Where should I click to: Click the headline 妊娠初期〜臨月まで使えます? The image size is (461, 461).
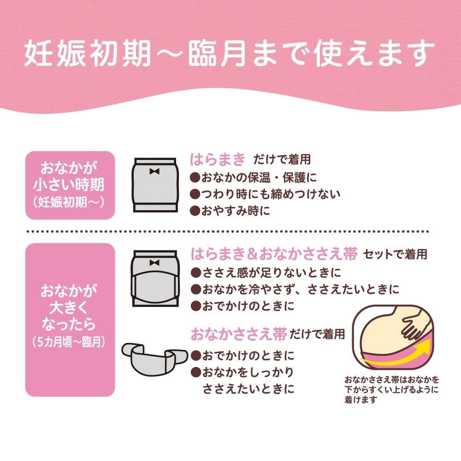pyautogui.click(x=229, y=53)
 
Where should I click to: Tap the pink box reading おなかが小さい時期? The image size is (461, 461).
pyautogui.click(x=70, y=185)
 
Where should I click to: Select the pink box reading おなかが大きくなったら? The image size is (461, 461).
pyautogui.click(x=70, y=319)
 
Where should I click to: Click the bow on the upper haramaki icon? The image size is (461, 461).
pyautogui.click(x=154, y=171)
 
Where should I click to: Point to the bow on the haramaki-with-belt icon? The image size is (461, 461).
pyautogui.click(x=154, y=263)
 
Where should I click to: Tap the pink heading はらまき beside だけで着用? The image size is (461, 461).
pyautogui.click(x=218, y=160)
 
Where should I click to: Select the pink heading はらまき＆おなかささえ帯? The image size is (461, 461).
pyautogui.click(x=274, y=254)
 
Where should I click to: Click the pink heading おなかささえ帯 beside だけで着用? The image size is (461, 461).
pyautogui.click(x=238, y=334)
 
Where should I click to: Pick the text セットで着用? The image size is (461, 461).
pyautogui.click(x=395, y=254)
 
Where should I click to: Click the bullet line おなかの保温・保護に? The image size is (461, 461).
pyautogui.click(x=254, y=177)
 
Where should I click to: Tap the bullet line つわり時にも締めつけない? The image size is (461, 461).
pyautogui.click(x=265, y=194)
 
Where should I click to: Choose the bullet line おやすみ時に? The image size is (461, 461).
pyautogui.click(x=230, y=211)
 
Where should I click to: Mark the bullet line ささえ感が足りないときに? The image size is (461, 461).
pyautogui.click(x=266, y=272)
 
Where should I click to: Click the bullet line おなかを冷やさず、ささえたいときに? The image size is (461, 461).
pyautogui.click(x=295, y=290)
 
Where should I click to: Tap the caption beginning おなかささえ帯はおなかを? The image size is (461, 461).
pyautogui.click(x=391, y=389)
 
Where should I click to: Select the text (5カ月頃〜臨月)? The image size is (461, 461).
pyautogui.click(x=69, y=342)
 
